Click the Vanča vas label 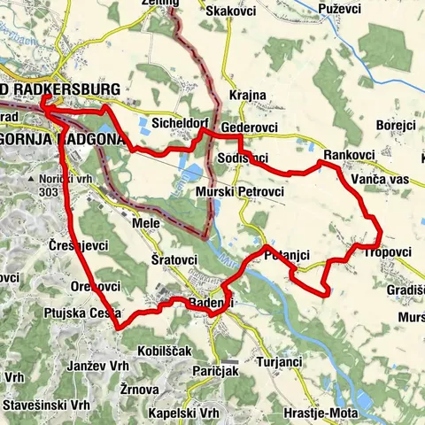point(378,179)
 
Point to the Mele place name point(145,224)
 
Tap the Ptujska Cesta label point(75,313)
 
